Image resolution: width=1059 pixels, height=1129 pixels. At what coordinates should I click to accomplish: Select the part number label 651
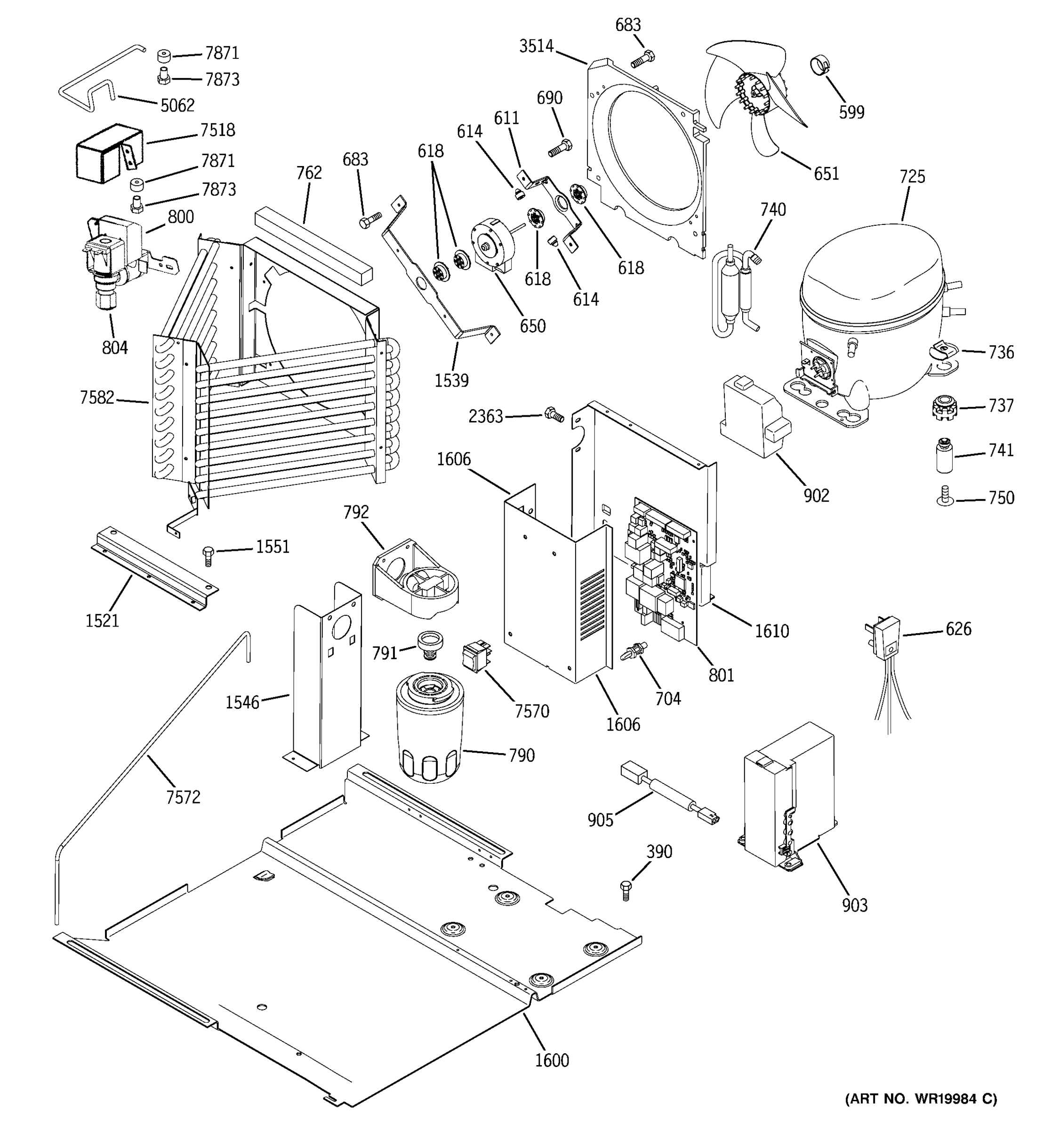click(826, 174)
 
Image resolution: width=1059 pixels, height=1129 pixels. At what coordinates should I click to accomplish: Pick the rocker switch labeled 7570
click(477, 657)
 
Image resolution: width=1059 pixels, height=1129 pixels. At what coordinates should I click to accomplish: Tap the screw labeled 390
click(626, 891)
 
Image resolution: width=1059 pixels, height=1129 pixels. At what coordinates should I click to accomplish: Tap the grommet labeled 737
click(944, 408)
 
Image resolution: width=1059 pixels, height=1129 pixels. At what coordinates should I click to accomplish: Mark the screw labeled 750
click(945, 498)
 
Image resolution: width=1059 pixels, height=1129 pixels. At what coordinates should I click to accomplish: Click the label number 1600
click(552, 1060)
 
